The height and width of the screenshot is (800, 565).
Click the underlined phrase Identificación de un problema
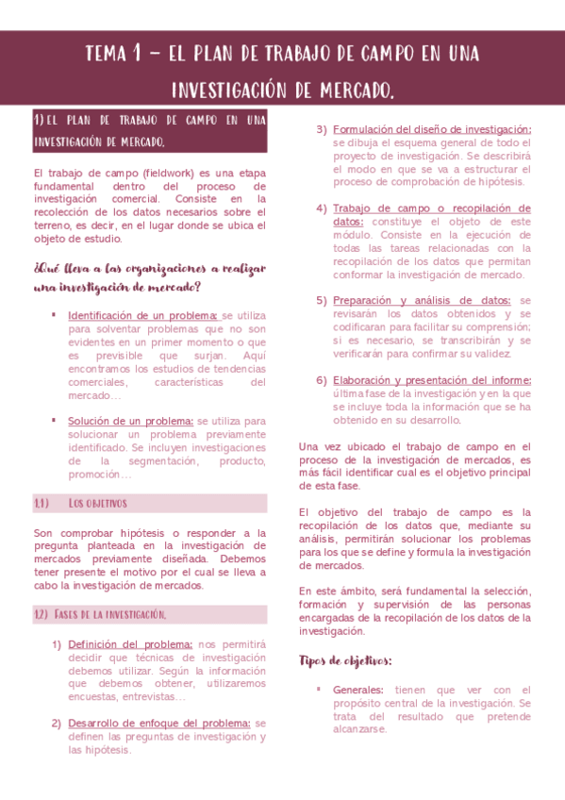click(142, 315)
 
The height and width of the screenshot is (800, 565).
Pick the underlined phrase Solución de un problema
click(130, 421)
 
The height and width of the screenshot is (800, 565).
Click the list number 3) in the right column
click(322, 129)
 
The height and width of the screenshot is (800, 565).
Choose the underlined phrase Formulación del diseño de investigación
click(432, 129)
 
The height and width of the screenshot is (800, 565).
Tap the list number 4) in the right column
click(322, 208)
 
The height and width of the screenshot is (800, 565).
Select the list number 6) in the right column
click(322, 380)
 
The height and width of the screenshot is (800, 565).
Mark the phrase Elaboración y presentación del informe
click(432, 380)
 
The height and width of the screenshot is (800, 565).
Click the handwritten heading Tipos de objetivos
click(345, 659)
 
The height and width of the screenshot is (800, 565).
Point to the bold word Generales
click(358, 690)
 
